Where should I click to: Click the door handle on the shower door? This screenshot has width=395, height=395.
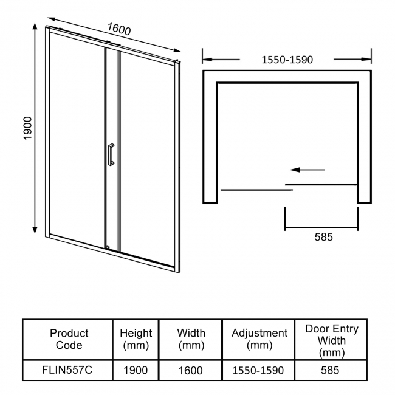coord(111,154)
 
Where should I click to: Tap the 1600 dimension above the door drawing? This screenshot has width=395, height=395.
coord(119,29)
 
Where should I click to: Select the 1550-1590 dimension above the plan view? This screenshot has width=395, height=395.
coord(287,60)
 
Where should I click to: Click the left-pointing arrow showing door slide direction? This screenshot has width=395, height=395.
coord(307,170)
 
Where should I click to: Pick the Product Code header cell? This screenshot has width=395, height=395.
coord(69,339)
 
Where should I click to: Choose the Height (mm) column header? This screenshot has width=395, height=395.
coord(136,339)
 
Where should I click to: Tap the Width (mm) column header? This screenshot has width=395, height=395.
coord(191,339)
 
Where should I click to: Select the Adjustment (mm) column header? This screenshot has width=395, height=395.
coord(259,339)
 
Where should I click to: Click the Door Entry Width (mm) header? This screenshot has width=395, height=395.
coord(331,339)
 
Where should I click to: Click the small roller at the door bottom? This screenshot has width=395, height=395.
coord(108,247)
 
